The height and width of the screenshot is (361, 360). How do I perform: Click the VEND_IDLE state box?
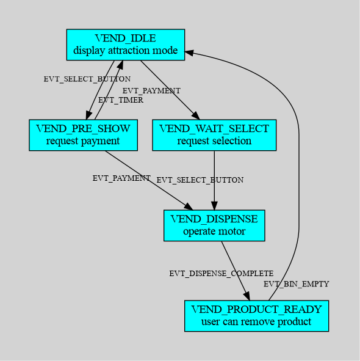tap(126, 45)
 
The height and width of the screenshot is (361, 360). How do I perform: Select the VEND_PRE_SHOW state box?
tap(83, 135)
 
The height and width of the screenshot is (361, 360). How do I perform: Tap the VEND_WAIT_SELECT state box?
tap(214, 135)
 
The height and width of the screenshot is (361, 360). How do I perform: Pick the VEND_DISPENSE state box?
tap(214, 225)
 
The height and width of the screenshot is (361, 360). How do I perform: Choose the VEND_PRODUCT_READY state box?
tap(256, 316)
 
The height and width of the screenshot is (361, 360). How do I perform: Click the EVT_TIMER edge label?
tap(121, 100)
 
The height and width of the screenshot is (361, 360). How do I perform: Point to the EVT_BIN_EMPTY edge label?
tap(297, 284)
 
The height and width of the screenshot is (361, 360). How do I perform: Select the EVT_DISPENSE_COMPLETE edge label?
tap(221, 274)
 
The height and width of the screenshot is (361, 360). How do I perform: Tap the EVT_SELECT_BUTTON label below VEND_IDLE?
tap(87, 79)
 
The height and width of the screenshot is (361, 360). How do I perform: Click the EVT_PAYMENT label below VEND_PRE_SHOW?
tap(121, 178)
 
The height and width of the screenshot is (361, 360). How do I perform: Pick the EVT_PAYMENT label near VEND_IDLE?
tap(151, 91)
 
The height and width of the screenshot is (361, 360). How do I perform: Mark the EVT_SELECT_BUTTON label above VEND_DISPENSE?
tap(200, 180)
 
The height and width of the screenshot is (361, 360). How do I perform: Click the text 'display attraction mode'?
tap(126, 51)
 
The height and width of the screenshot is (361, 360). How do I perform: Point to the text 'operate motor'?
tap(214, 231)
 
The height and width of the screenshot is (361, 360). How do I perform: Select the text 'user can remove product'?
tap(256, 322)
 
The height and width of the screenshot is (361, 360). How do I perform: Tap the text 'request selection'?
tap(214, 140)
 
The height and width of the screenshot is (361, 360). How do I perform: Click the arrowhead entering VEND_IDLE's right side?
tap(190, 53)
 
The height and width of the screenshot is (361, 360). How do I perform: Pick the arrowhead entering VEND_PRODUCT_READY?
tap(247, 296)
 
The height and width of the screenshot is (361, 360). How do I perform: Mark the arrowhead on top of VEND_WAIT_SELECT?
tap(195, 115)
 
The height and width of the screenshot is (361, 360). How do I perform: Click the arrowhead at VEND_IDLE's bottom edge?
tap(120, 65)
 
